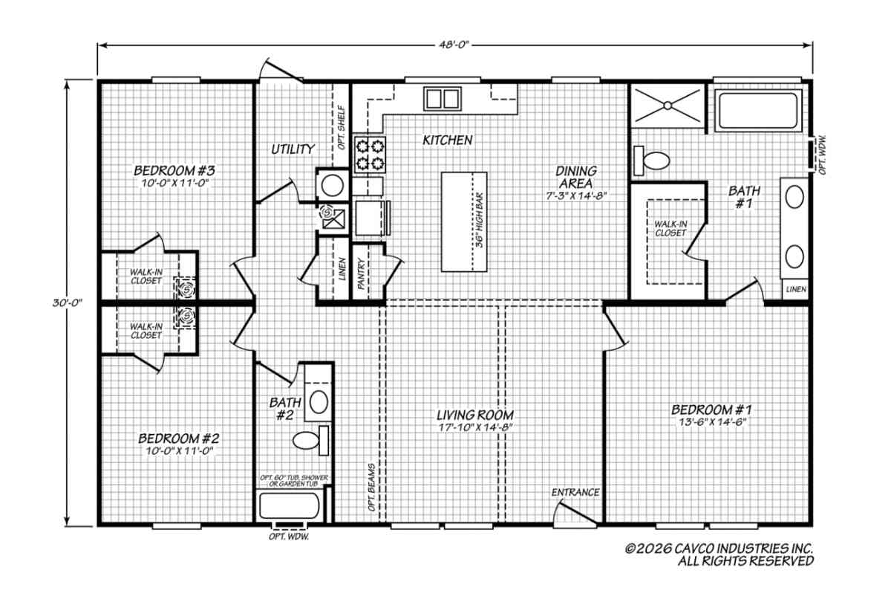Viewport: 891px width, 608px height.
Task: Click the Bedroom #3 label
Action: [x=174, y=171]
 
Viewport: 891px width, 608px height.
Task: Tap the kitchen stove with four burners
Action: [x=370, y=155]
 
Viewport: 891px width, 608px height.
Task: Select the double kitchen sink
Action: [x=442, y=99]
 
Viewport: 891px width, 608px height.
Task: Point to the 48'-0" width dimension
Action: [x=454, y=45]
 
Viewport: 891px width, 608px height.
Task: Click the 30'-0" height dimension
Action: [x=68, y=303]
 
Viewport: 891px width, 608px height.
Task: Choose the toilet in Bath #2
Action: [x=311, y=441]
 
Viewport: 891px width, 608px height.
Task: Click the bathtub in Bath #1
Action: [x=758, y=110]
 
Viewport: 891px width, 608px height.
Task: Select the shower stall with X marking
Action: [x=668, y=105]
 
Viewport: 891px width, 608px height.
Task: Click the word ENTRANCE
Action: [x=575, y=493]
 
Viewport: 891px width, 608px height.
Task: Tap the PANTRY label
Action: [x=361, y=274]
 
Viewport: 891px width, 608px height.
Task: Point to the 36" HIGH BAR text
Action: [x=480, y=220]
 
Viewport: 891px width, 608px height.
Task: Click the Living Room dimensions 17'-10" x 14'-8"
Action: [x=475, y=427]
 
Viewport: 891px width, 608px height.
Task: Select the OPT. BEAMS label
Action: [x=371, y=487]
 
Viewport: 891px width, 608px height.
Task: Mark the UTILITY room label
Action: [x=293, y=149]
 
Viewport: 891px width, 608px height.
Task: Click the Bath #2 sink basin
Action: [x=319, y=402]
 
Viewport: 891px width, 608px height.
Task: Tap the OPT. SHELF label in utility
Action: [x=342, y=127]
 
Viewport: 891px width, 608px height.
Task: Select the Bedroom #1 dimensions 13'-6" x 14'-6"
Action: [x=711, y=422]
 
